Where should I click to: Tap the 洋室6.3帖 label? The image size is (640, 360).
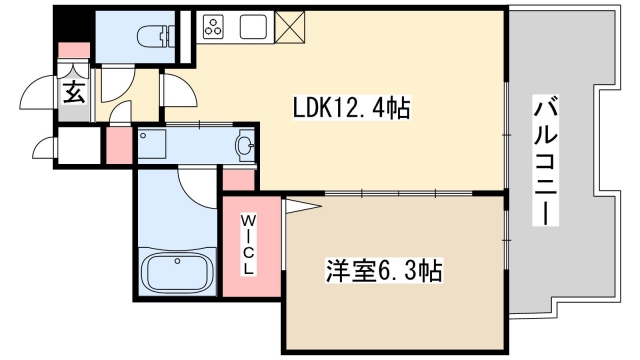[x=383, y=269]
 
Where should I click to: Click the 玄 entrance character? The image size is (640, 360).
[x=75, y=94]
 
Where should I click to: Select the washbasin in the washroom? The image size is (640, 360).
[x=244, y=147]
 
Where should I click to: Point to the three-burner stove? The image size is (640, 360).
[x=215, y=28]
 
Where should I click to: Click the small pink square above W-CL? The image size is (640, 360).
[x=238, y=180]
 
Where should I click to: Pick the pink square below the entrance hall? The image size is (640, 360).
[x=119, y=145]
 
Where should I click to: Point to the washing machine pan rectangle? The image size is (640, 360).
[x=157, y=147]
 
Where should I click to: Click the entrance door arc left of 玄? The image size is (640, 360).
[x=40, y=94]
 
